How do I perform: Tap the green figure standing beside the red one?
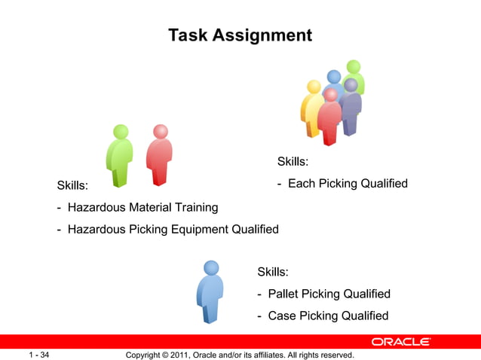tap(119, 155)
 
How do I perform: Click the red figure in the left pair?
tap(159, 155)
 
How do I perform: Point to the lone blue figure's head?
tap(211, 267)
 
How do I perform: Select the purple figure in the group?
tap(351, 108)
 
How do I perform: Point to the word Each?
tap(302, 184)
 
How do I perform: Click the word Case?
tap(282, 316)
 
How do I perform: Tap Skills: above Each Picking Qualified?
tap(293, 161)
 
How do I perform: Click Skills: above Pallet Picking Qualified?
tap(273, 272)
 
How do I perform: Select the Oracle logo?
tap(400, 342)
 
